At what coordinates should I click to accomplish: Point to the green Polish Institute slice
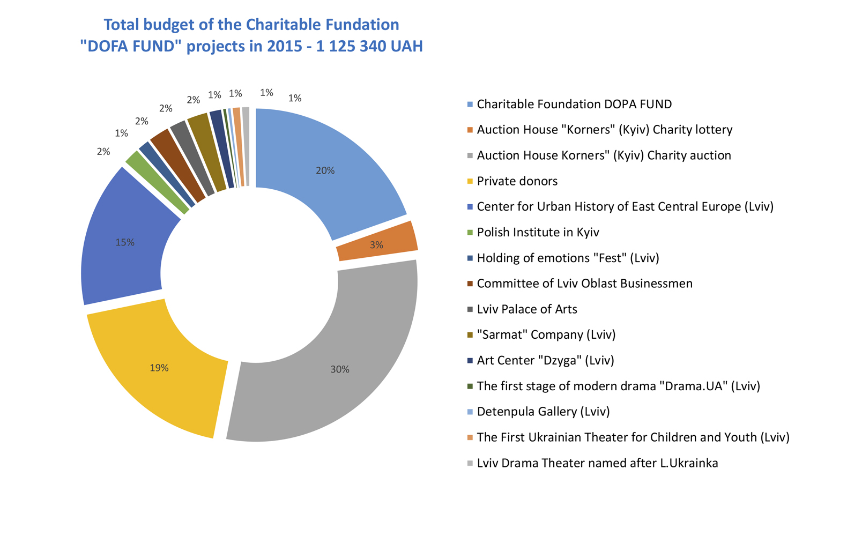pos(157,182)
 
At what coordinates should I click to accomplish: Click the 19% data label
pos(159,368)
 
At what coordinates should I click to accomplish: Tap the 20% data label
pos(325,170)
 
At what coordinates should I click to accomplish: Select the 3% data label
pos(376,245)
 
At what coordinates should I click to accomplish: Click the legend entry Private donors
pos(517,181)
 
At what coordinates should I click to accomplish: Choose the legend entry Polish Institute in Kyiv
pos(538,232)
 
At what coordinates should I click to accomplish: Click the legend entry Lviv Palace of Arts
pos(527,309)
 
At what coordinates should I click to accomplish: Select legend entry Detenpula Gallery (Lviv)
pos(544,412)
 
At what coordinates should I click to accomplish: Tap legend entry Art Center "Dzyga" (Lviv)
pos(545,360)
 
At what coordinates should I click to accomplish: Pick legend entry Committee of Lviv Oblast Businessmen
pos(584,284)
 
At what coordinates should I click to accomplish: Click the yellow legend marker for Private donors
pos(470,182)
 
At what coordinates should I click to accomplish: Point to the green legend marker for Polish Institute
pos(470,233)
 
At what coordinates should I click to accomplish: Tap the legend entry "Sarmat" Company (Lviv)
pos(546,335)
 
